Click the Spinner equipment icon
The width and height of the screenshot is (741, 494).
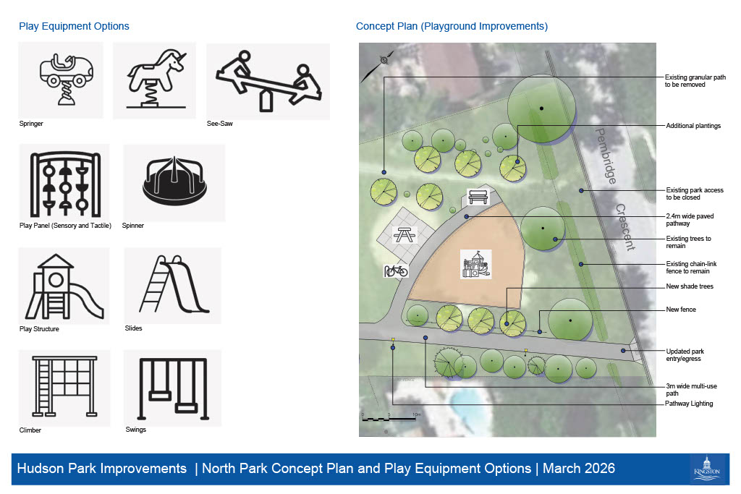pyautogui.click(x=174, y=183)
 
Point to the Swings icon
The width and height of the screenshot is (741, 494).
pyautogui.click(x=172, y=388)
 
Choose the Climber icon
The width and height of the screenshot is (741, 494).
pyautogui.click(x=64, y=388)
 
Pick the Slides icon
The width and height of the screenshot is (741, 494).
pyautogui.click(x=173, y=285)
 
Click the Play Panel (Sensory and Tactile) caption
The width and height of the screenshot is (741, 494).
pyautogui.click(x=65, y=226)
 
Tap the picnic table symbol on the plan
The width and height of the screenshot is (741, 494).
pyautogui.click(x=404, y=234)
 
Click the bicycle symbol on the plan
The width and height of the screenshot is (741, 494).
pyautogui.click(x=395, y=271)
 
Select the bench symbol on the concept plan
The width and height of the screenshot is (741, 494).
pyautogui.click(x=478, y=196)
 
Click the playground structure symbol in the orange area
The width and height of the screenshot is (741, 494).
pyautogui.click(x=476, y=265)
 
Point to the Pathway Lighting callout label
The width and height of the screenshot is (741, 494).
pyautogui.click(x=689, y=404)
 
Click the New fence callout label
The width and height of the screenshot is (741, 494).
pyautogui.click(x=680, y=310)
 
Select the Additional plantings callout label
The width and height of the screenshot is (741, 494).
pyautogui.click(x=693, y=126)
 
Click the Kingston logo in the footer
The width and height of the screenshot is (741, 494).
pyautogui.click(x=706, y=467)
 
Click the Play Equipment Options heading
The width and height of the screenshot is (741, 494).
pyautogui.click(x=74, y=27)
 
